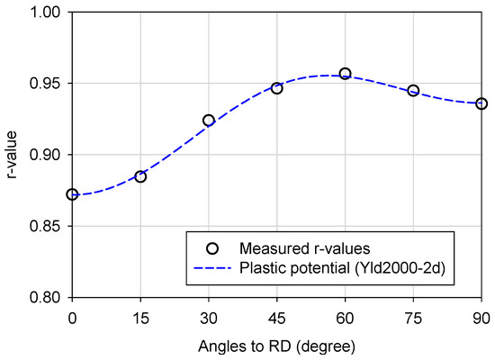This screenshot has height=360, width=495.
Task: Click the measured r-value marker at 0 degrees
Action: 72,194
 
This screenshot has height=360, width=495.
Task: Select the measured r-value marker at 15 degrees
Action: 140,176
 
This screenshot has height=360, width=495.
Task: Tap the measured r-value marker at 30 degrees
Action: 209,120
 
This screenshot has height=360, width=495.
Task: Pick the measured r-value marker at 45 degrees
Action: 277,88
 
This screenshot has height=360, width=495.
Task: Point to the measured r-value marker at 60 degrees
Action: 346,73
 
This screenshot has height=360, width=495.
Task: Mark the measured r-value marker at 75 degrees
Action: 413,91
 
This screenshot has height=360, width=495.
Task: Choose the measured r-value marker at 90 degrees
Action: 481,103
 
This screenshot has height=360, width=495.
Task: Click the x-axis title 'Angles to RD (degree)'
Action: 276,344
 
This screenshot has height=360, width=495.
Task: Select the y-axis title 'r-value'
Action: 12,155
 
